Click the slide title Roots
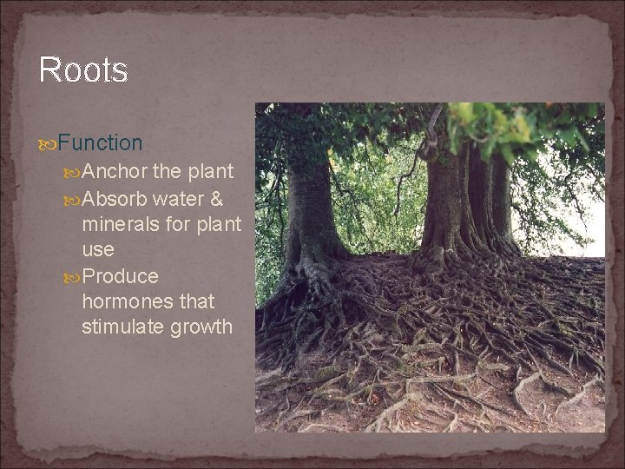pyautogui.click(x=83, y=70)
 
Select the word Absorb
pyautogui.click(x=118, y=198)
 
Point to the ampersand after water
pyautogui.click(x=217, y=198)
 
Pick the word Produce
pyautogui.click(x=122, y=276)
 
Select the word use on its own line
pyautogui.click(x=97, y=250)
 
